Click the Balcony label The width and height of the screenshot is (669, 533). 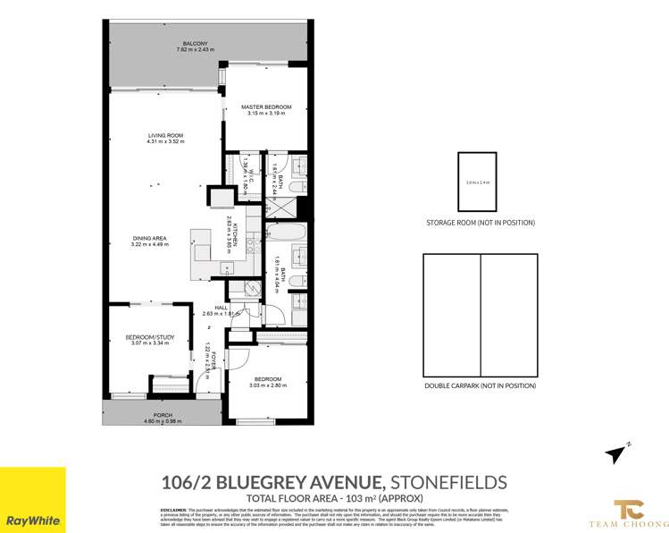195,44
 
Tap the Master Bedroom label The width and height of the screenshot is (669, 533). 266,107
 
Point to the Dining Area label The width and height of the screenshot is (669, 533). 149,238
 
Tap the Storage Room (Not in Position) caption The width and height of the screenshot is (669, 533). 480,224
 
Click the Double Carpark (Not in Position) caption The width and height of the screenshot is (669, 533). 481,386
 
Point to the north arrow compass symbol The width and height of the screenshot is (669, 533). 615,454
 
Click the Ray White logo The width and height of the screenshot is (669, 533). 33,500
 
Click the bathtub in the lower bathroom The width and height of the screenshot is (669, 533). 287,235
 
